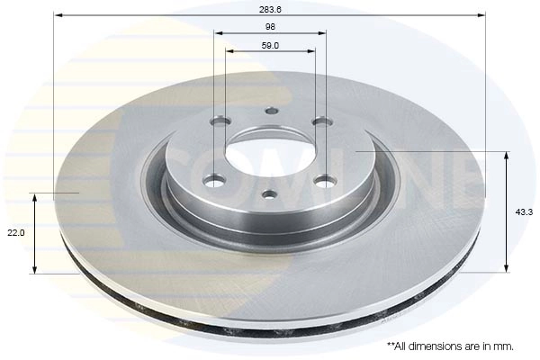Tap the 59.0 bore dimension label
(x=271, y=44)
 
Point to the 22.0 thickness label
(x=15, y=232)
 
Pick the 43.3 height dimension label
(x=522, y=211)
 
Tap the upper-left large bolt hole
(x=220, y=121)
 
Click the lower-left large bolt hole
(x=213, y=179)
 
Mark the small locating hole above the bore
(x=271, y=112)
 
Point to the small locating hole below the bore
(x=268, y=194)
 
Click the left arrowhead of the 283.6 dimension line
(x=58, y=15)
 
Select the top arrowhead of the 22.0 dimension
(x=34, y=196)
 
